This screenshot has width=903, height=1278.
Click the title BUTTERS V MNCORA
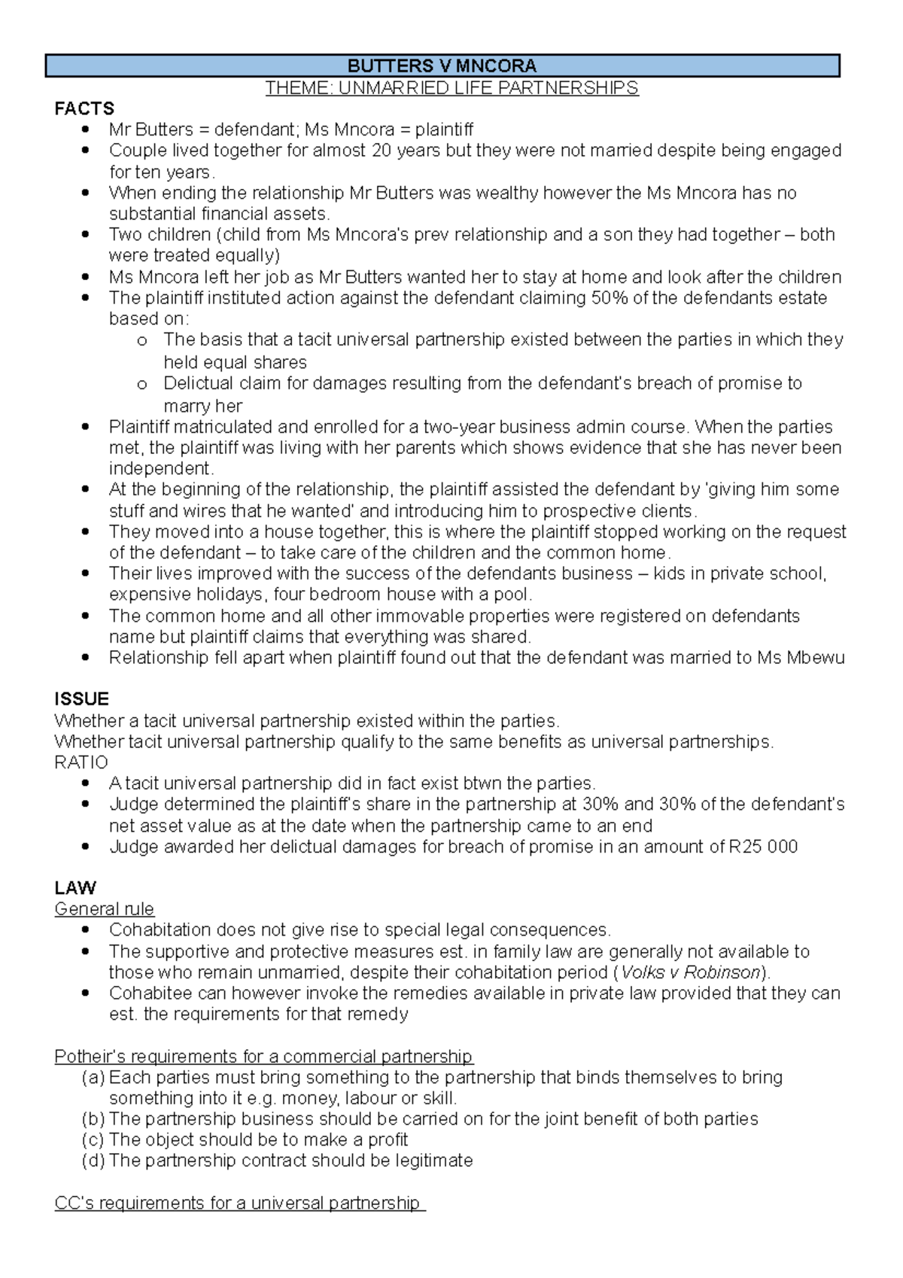tap(442, 66)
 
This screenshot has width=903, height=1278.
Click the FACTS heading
tap(84, 108)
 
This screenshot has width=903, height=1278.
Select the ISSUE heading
tap(81, 698)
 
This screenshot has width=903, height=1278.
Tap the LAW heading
tap(75, 887)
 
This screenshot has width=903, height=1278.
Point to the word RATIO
tap(81, 762)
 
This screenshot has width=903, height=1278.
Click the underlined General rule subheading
tap(104, 909)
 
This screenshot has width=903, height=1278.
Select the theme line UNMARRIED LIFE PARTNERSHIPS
tap(451, 88)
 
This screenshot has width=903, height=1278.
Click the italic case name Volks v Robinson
tap(691, 972)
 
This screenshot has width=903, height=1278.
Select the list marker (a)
tap(93, 1078)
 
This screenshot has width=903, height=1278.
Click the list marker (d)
tap(93, 1161)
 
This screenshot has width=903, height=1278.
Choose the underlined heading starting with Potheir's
tap(263, 1057)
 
